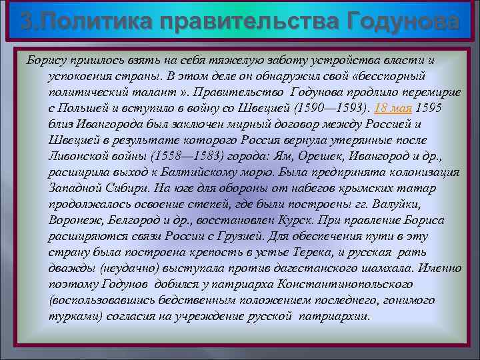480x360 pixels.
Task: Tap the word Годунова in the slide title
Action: pos(403,21)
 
